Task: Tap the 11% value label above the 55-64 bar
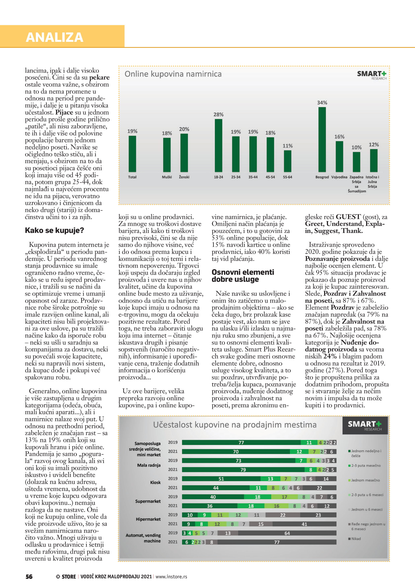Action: (287, 146)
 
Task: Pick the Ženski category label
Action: (184, 177)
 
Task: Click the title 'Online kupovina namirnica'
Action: (173, 74)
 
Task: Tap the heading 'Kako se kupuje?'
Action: (54, 230)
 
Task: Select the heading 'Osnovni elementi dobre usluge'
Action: (243, 276)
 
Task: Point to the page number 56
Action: (29, 576)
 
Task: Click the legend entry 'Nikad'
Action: (356, 539)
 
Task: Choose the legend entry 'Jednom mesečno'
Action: (365, 480)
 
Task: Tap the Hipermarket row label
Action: (148, 519)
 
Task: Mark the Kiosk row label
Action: (155, 482)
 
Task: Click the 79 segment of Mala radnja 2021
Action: (243, 470)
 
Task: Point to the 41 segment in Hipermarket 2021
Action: (304, 524)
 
